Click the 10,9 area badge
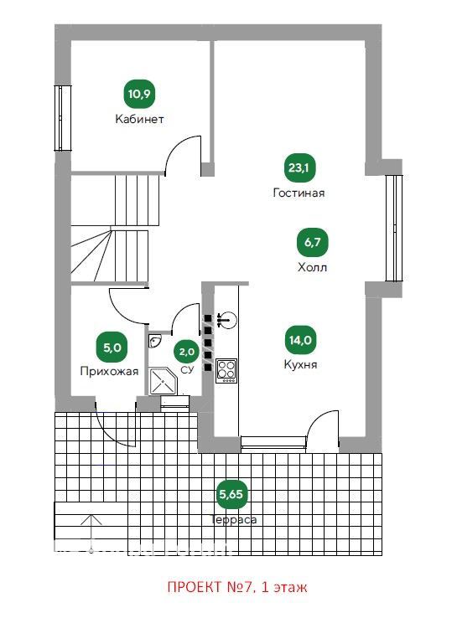tap(139, 94)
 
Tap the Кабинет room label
tap(139, 119)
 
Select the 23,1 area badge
tap(299, 168)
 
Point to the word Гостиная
tap(299, 193)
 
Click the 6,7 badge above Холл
tap(312, 242)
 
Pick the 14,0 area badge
tap(300, 340)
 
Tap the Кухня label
tap(300, 364)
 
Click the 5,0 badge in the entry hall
tap(112, 348)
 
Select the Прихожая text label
tap(109, 372)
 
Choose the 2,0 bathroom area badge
tap(187, 351)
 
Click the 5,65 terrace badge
tap(231, 494)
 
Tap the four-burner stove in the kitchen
tap(226, 370)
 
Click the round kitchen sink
tap(227, 320)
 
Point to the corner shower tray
tap(162, 381)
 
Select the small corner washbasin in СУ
tap(154, 342)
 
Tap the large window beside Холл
tap(394, 228)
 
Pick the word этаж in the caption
tap(290, 588)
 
